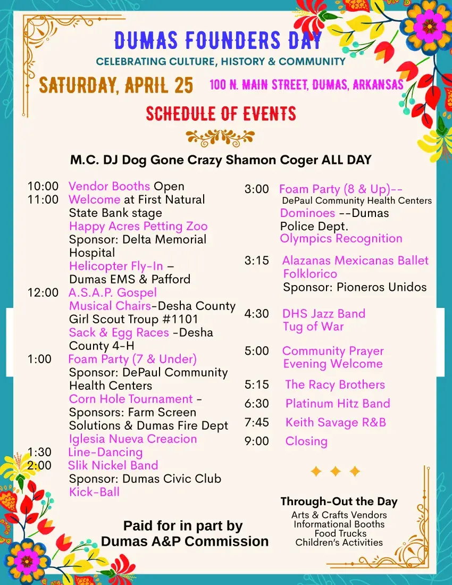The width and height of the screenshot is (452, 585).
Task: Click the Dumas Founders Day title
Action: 218,40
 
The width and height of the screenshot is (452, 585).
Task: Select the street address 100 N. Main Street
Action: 306,85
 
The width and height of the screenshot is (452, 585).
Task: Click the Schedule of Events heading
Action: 221,113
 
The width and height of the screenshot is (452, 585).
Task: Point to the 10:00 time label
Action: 43,187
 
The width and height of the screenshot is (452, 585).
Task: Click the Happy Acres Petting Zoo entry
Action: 138,226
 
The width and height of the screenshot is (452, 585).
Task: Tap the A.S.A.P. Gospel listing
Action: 113,292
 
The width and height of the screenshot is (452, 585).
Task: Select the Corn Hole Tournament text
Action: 131,399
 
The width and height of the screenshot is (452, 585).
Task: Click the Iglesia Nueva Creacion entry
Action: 133,439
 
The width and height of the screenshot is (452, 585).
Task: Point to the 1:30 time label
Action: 40,452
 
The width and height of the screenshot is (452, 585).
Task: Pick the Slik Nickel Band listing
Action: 113,465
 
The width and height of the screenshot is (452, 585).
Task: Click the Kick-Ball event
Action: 94,492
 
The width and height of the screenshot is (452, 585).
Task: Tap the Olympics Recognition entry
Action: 341,238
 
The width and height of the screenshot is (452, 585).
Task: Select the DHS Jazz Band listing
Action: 324,313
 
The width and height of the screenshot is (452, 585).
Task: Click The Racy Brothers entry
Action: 335,385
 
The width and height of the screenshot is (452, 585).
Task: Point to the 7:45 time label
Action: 257,422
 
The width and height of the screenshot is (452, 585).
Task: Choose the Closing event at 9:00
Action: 306,441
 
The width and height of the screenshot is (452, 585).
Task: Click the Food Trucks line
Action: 340,533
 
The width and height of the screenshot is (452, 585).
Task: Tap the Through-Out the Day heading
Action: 339,501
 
